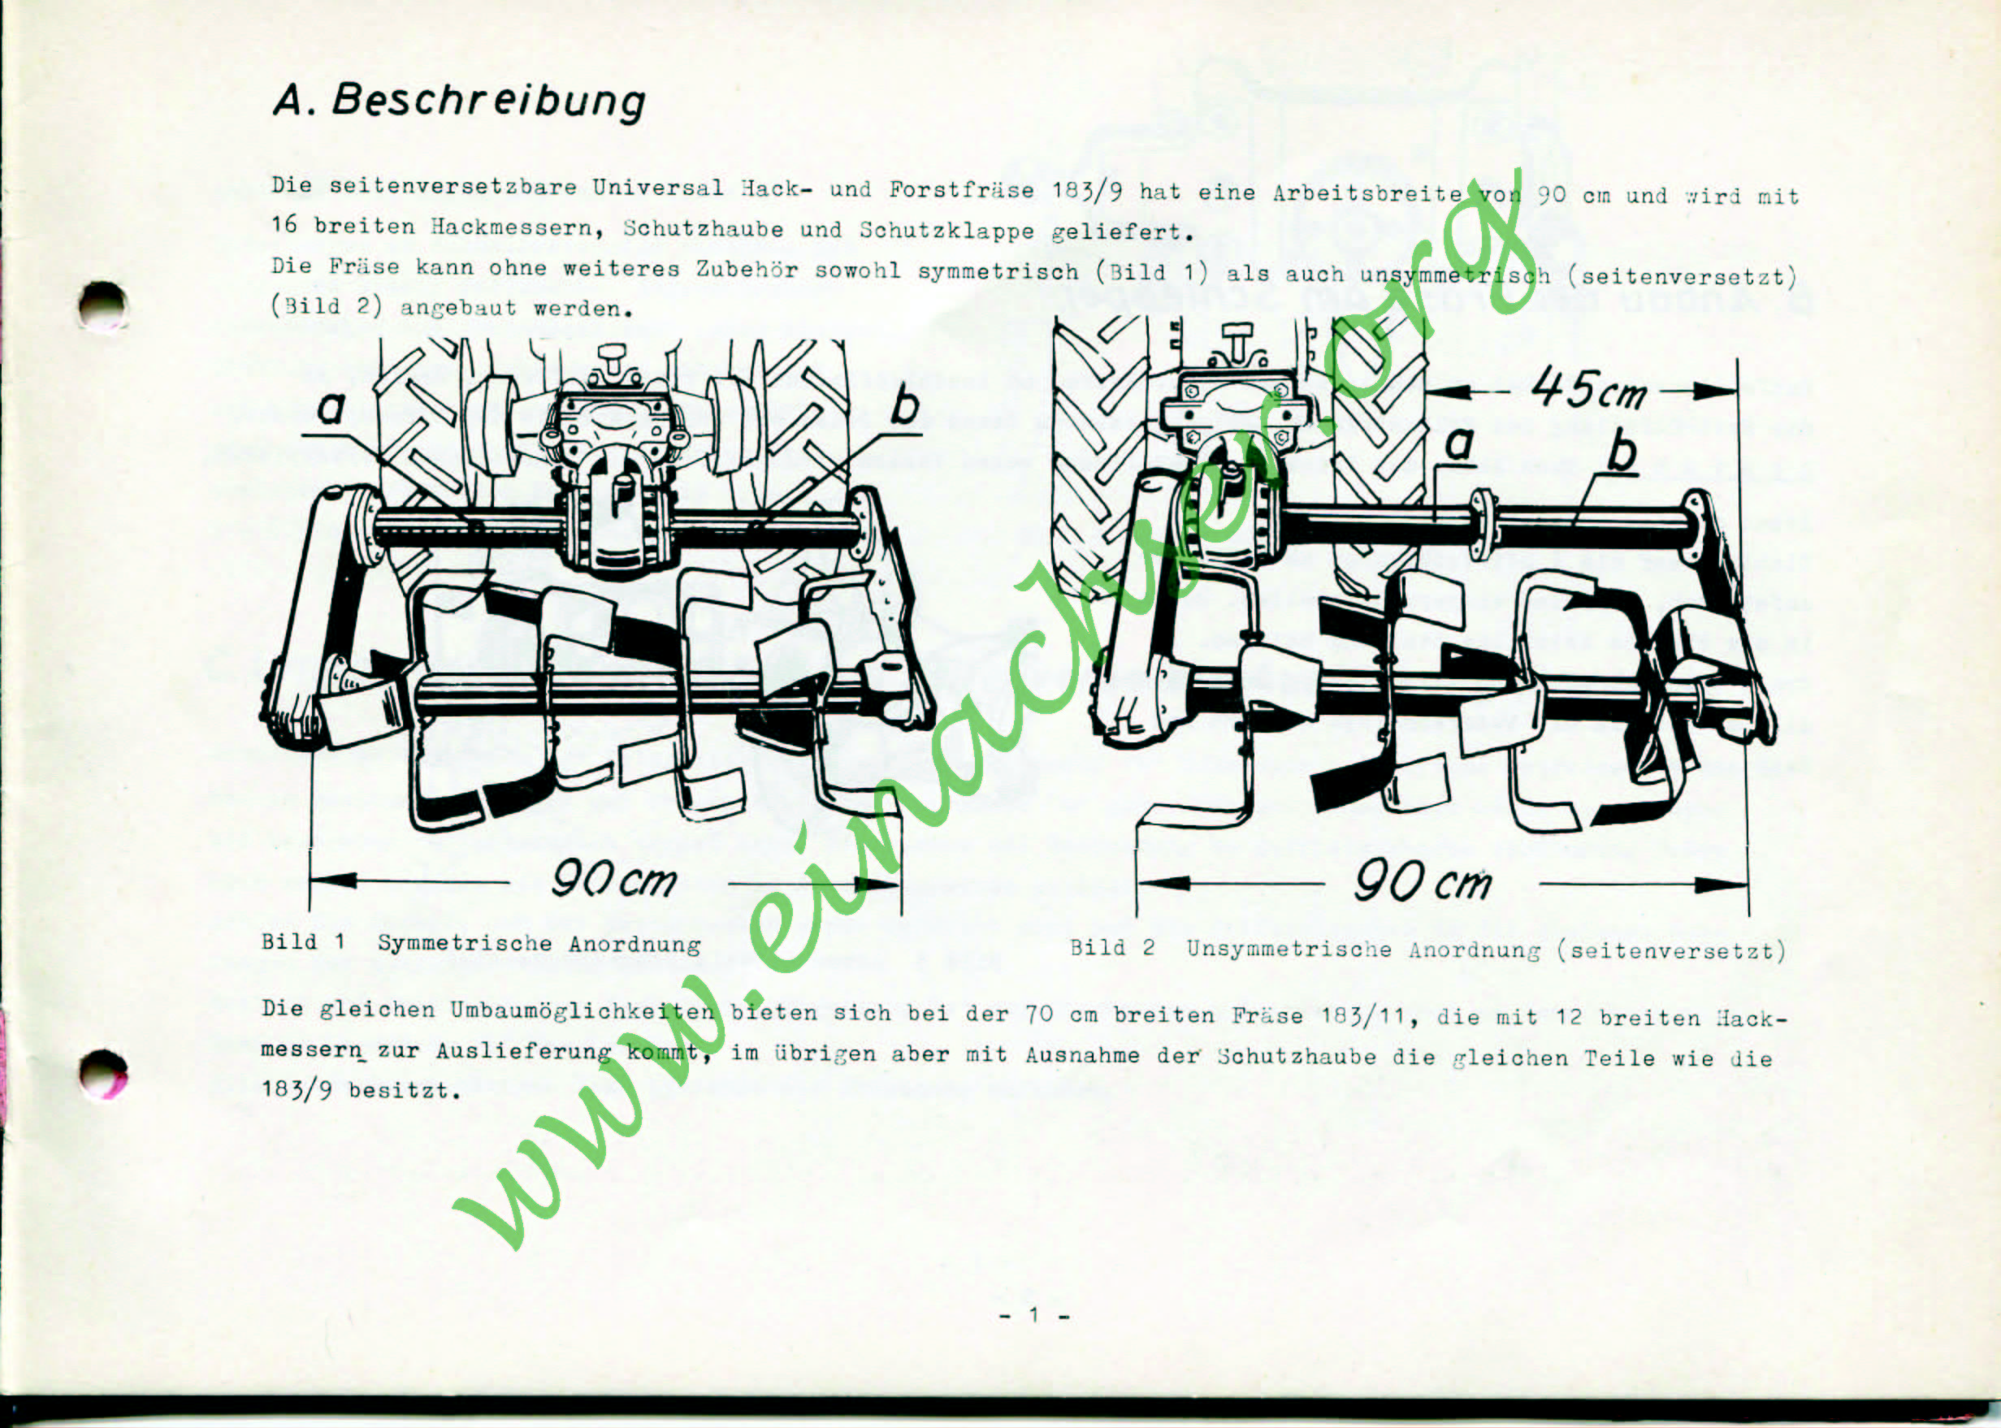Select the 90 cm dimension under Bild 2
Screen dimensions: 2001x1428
coord(1423,881)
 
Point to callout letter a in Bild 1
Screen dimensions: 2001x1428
coord(331,408)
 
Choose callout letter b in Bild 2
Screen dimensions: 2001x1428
coord(1622,452)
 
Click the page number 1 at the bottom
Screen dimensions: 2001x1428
coord(1034,1314)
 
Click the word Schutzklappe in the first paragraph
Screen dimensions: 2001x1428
coord(946,231)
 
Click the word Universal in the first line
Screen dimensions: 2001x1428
coord(657,188)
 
